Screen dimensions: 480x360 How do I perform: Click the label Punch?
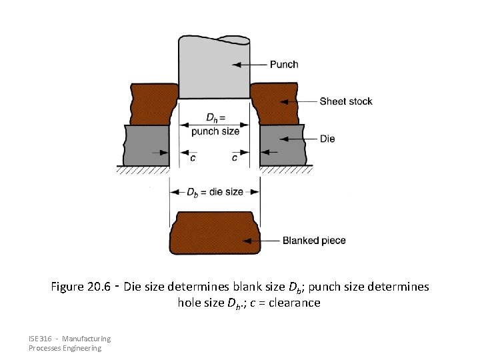coord(283,65)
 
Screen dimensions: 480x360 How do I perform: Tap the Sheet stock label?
coord(345,101)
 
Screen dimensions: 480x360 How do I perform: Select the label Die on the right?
coord(327,139)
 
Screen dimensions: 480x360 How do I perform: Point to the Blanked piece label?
coord(314,240)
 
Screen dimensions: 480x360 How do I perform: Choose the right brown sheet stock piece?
coord(277,104)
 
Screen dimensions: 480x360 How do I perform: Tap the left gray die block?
coord(147,145)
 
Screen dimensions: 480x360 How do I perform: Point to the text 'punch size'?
coord(215,131)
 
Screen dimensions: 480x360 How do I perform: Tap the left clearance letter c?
coord(193,158)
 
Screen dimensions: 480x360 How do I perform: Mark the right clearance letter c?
coord(235,158)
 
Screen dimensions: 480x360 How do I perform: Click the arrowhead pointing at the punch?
coord(235,65)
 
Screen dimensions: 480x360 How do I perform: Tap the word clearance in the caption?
coord(293,303)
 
